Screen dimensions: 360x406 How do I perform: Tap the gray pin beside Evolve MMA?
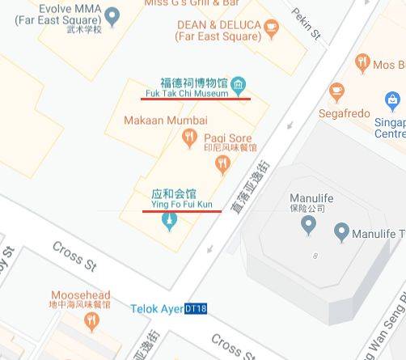[x=112, y=15]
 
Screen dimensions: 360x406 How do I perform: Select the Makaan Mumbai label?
[x=160, y=120]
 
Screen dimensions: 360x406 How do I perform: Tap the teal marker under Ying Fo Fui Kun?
[x=170, y=218]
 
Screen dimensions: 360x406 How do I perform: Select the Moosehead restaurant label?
[x=80, y=299]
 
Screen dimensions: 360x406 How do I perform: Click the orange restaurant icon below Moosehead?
[x=91, y=321]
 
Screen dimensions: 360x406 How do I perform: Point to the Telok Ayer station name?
[x=157, y=309]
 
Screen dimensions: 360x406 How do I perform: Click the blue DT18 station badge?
[x=196, y=309]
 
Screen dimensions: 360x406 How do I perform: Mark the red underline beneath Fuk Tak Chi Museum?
[x=195, y=99]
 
